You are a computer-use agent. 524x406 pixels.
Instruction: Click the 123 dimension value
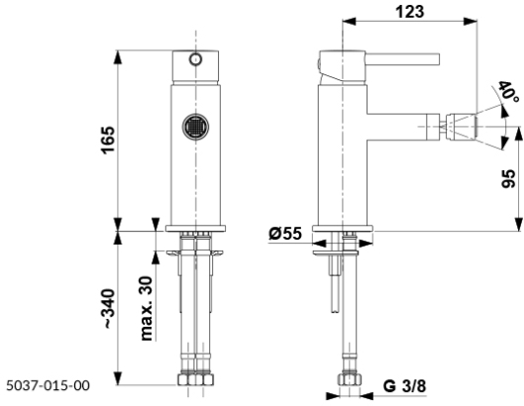(x=410, y=11)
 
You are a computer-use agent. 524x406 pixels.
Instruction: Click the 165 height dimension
(x=108, y=140)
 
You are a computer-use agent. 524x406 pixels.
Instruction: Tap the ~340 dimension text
(x=109, y=309)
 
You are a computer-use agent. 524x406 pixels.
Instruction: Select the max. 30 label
(x=146, y=308)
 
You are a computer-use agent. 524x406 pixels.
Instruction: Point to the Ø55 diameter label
(x=285, y=234)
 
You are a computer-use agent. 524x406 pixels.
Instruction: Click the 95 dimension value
(x=508, y=179)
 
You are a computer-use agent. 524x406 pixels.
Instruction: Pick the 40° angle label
(x=508, y=92)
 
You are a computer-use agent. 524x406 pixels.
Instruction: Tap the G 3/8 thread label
(x=405, y=386)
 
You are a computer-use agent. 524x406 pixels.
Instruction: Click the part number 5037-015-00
(x=49, y=385)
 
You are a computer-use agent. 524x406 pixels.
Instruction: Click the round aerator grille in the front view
(x=195, y=127)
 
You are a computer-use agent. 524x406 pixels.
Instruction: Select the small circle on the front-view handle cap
(x=195, y=59)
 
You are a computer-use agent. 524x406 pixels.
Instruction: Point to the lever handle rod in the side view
(x=402, y=58)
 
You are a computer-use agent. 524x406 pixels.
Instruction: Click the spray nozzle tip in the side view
(x=461, y=127)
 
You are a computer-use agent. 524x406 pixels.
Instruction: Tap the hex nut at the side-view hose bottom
(x=350, y=380)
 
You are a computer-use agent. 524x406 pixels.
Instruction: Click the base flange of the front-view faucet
(x=195, y=229)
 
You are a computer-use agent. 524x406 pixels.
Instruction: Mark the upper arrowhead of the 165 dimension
(x=118, y=56)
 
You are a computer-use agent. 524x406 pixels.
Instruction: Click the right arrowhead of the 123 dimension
(x=470, y=22)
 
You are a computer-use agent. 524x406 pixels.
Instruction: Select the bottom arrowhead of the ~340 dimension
(x=118, y=378)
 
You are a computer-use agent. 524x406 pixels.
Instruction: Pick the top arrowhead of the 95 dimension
(x=518, y=134)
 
